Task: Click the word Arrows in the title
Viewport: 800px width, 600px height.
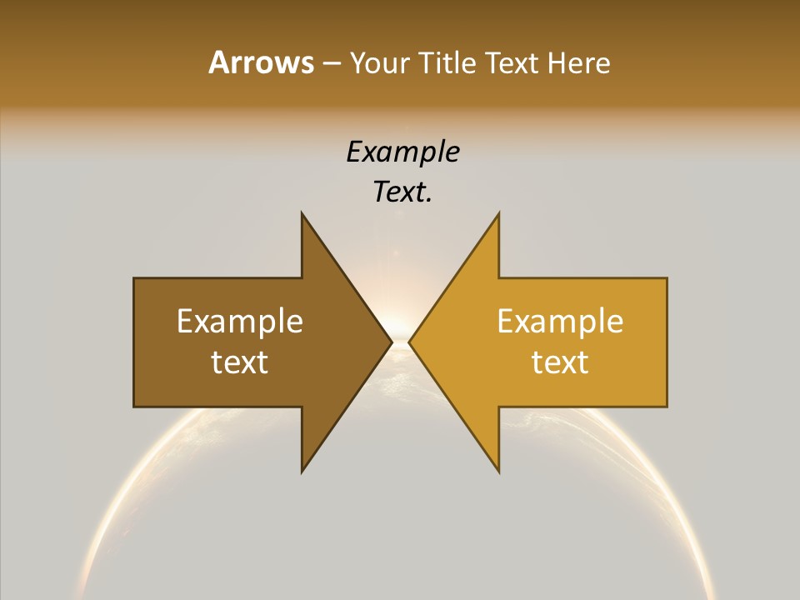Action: (x=261, y=62)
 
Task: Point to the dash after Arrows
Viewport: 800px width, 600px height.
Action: (x=331, y=63)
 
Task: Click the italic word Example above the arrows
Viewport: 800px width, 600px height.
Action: (x=402, y=152)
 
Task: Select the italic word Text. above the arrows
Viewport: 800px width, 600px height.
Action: (x=402, y=192)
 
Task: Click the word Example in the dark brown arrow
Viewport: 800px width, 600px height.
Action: (x=240, y=321)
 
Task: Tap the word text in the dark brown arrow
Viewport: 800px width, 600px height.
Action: (x=240, y=362)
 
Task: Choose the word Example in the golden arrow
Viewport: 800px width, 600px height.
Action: (x=560, y=321)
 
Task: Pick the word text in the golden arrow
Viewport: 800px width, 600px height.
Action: (x=560, y=362)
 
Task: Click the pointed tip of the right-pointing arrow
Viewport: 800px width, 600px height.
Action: (x=392, y=342)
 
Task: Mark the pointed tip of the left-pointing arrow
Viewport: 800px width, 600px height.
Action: (x=409, y=342)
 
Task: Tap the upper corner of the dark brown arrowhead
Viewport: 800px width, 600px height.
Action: (x=302, y=212)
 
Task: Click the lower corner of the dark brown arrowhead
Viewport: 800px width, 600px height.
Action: (x=302, y=472)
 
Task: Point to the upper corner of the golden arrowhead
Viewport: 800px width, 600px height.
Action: (x=499, y=212)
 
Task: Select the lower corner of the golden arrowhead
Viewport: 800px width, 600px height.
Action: (x=499, y=472)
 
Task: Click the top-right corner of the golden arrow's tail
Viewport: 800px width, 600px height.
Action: (x=667, y=278)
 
